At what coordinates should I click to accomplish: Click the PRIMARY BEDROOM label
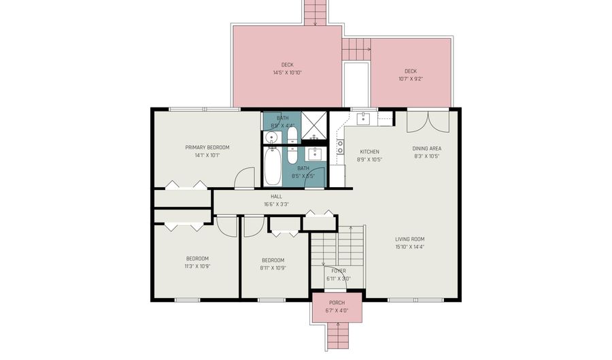coord(207,147)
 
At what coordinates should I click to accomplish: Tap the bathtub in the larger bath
coord(272,167)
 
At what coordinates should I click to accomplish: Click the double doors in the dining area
coord(428,121)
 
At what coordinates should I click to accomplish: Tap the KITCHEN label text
coord(369,151)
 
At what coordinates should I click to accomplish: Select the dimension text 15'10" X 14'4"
coord(410,247)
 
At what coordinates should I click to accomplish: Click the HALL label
coord(276,196)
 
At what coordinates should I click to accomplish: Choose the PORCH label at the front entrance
coord(337,303)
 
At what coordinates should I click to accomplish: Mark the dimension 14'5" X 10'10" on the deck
coord(287,72)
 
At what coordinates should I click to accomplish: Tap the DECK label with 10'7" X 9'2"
coord(410,71)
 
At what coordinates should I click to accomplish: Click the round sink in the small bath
coord(271,137)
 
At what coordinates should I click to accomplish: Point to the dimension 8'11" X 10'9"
coord(273,268)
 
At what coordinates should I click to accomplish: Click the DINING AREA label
coord(426,148)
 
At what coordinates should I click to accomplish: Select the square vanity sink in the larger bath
coord(315,153)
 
